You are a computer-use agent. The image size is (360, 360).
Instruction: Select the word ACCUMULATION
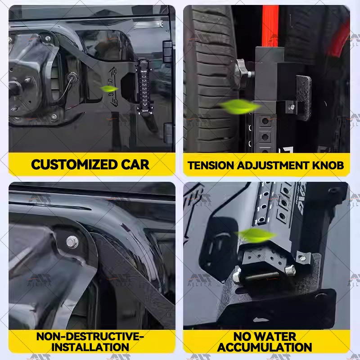[265, 347]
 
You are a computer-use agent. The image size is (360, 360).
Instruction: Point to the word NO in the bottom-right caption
[243, 336]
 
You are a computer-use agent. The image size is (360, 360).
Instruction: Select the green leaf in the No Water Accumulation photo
[257, 234]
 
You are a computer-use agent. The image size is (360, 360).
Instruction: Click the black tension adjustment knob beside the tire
[241, 73]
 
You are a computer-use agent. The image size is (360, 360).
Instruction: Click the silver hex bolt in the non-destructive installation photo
[72, 242]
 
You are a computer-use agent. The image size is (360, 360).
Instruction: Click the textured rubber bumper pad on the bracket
[303, 97]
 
